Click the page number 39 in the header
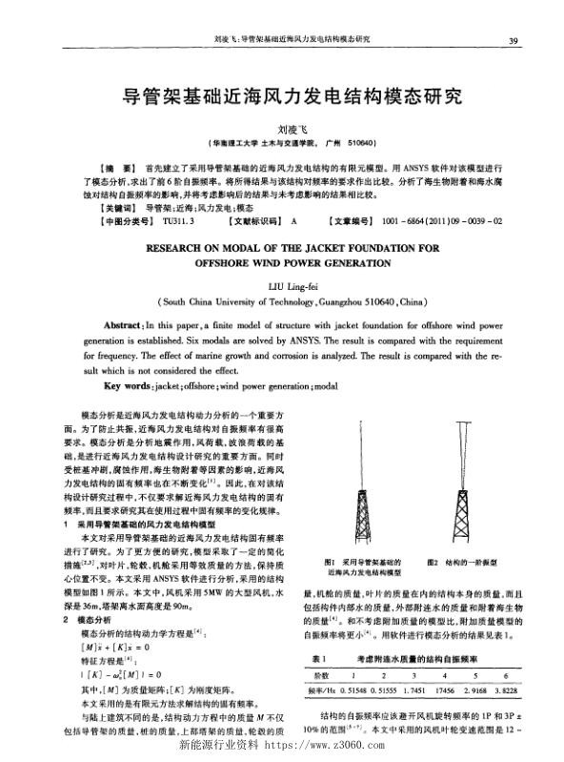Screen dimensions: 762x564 (x=513, y=40)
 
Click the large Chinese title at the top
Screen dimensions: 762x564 (x=282, y=96)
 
